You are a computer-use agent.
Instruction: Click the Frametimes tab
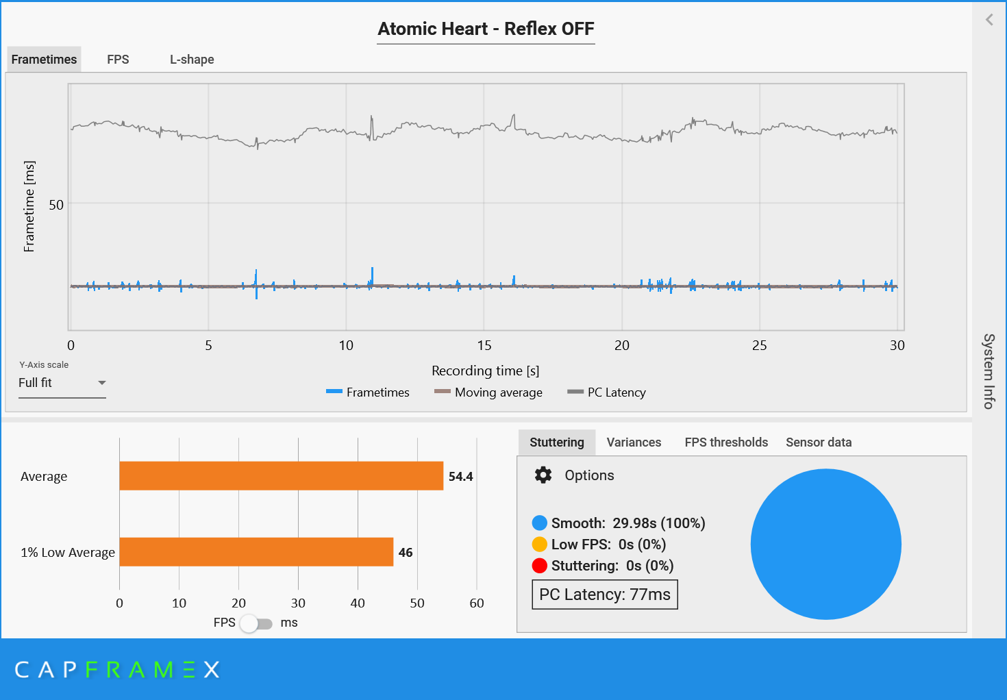click(x=44, y=60)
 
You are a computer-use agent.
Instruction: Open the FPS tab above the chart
click(x=118, y=60)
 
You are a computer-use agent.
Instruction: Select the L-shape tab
click(x=192, y=60)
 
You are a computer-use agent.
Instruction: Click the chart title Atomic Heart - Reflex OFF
click(x=486, y=29)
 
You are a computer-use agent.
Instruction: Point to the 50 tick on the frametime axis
click(x=56, y=205)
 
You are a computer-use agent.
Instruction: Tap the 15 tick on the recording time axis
click(x=484, y=345)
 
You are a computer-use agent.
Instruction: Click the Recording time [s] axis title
click(x=485, y=371)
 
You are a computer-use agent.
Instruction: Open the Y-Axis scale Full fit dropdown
click(x=62, y=383)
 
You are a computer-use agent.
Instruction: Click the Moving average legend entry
click(x=488, y=392)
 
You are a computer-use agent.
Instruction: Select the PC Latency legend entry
click(x=607, y=392)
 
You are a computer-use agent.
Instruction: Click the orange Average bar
click(x=281, y=476)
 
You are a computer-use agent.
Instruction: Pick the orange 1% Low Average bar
click(x=256, y=552)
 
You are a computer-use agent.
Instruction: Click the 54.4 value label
click(x=460, y=477)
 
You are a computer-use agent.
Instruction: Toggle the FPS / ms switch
click(x=256, y=623)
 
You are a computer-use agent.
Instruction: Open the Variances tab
click(x=634, y=442)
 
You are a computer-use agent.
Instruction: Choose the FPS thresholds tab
click(x=726, y=442)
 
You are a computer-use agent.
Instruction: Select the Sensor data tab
click(x=819, y=442)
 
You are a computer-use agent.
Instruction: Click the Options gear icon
click(x=543, y=475)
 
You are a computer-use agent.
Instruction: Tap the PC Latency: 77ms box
click(x=605, y=595)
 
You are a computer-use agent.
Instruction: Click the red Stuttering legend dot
click(x=540, y=566)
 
